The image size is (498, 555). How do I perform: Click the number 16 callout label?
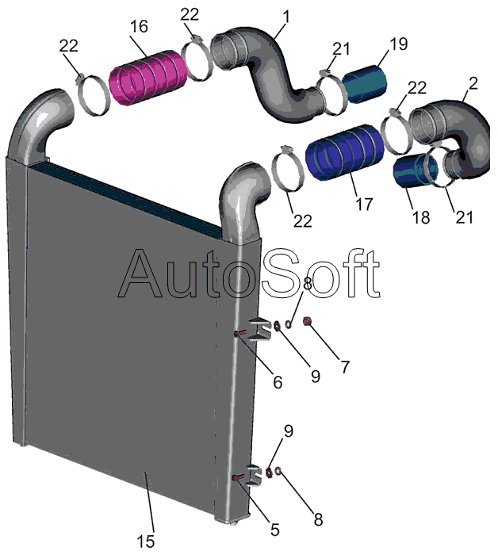coord(139,28)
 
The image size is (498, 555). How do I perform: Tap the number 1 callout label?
coord(286,15)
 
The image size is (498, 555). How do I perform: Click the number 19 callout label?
coord(399,44)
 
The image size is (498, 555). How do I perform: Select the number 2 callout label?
coord(473,82)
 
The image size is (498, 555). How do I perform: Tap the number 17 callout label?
coord(363,204)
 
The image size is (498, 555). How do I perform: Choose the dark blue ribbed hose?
coord(343,156)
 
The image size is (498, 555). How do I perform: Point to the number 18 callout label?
coord(421,216)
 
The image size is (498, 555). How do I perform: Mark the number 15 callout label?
coord(145,542)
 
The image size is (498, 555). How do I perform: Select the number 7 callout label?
coord(344,367)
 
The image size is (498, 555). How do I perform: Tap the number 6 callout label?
coord(277,381)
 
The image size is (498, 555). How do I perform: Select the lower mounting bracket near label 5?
coord(255,476)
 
